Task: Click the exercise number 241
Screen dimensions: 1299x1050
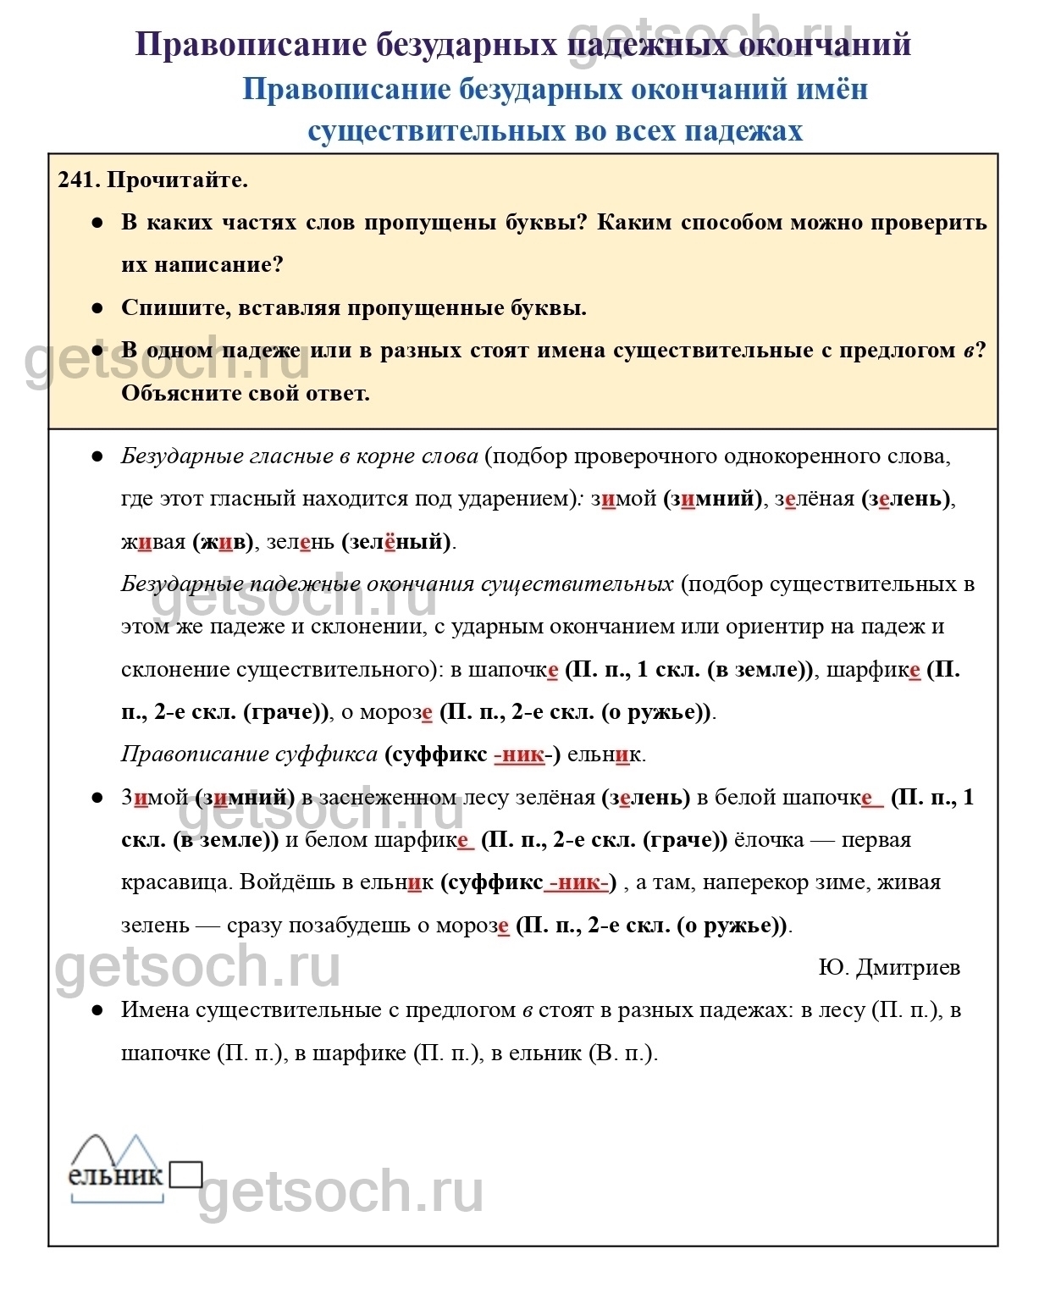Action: point(79,180)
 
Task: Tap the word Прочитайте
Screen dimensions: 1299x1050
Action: point(178,180)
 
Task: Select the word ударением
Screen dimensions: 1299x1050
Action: point(515,499)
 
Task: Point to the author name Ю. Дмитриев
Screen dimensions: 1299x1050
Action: point(889,968)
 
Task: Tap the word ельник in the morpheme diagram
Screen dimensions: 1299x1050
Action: point(115,1175)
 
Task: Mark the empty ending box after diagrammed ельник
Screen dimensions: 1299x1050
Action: point(185,1175)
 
